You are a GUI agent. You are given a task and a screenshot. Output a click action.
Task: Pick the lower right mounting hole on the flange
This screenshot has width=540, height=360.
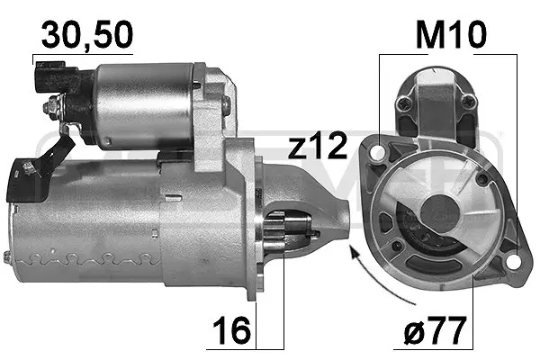(x=513, y=261)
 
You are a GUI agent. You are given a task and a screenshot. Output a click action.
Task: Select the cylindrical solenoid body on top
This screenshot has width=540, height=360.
(x=144, y=103)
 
